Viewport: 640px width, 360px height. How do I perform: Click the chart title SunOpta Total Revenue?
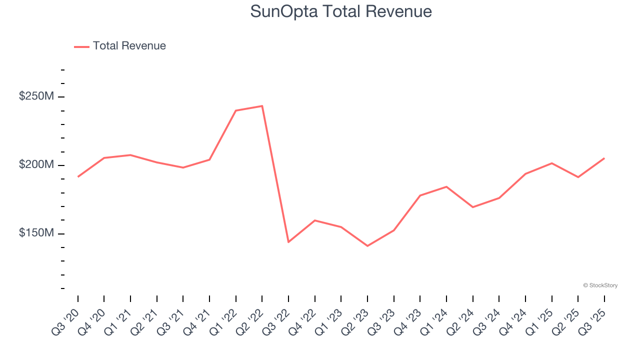tap(341, 11)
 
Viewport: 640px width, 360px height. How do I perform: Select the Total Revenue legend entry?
tap(120, 46)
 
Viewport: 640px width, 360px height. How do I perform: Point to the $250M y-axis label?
tap(36, 96)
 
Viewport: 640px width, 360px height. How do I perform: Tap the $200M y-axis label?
tap(36, 165)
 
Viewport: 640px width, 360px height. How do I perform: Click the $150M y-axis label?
tap(36, 233)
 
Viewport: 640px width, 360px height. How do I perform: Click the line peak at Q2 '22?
tap(262, 106)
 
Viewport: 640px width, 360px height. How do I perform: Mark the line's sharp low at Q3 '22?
tap(288, 242)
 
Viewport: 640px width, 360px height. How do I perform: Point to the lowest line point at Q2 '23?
tap(367, 246)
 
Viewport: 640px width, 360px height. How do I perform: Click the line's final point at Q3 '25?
tap(604, 158)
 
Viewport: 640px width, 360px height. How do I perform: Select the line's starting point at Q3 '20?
tap(78, 176)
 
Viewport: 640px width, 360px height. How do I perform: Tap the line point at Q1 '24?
tap(446, 186)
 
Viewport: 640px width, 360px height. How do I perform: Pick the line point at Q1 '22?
tap(235, 110)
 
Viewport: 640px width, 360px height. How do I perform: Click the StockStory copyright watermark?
tap(600, 285)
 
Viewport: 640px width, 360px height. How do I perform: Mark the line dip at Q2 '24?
tap(472, 207)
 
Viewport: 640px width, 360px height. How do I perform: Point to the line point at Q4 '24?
tap(525, 173)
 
